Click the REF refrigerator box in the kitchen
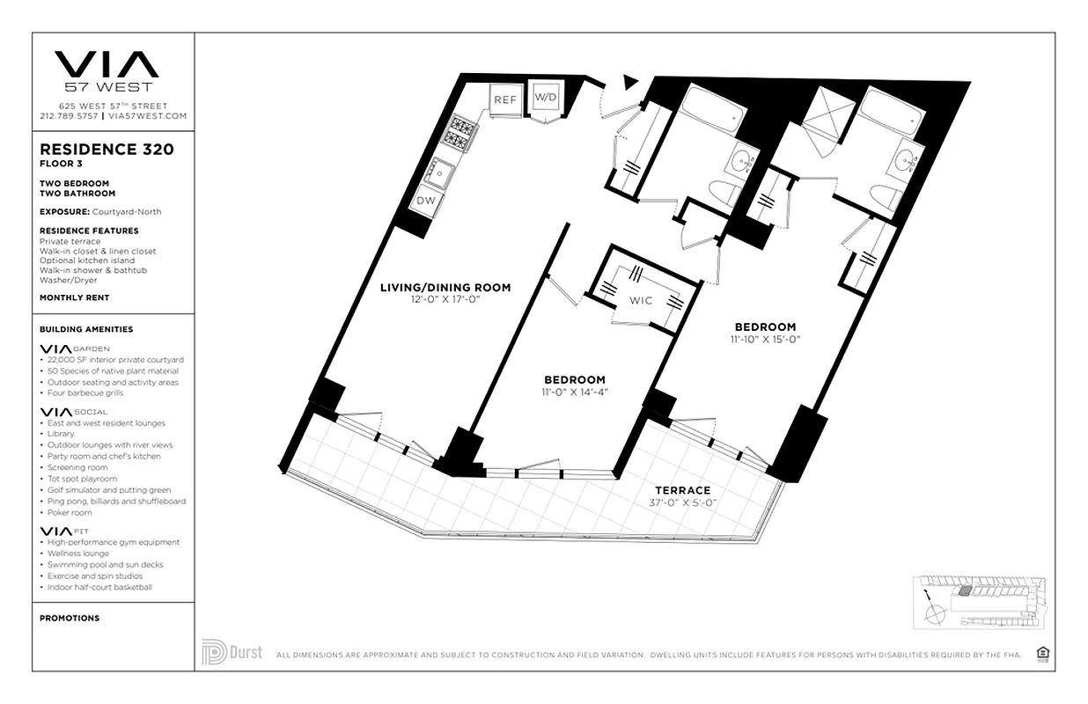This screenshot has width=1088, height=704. tap(504, 99)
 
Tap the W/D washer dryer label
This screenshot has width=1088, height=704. tap(546, 97)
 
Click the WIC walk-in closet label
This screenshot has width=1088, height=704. tap(641, 300)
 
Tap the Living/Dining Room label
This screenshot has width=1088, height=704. tap(445, 287)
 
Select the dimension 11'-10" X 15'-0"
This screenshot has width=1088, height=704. tap(764, 339)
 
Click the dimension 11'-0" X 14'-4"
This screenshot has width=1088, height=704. tap(573, 392)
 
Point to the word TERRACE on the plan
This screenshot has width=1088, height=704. tap(682, 490)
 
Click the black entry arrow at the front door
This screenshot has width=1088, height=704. tap(629, 82)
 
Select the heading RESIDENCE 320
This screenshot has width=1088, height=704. tap(107, 150)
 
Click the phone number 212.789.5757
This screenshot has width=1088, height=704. tap(69, 116)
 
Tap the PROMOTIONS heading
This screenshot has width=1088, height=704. tap(70, 618)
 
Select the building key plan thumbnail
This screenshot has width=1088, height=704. tap(979, 602)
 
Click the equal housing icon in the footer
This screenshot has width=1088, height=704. tap(1043, 653)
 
